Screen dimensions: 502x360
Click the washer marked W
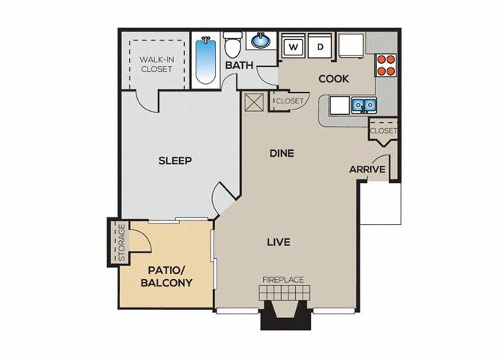tap(293, 46)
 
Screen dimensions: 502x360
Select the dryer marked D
tap(321, 46)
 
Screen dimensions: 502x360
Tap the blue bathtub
tap(205, 60)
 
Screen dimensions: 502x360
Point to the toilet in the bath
tap(232, 44)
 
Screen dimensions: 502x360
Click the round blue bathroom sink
tap(261, 40)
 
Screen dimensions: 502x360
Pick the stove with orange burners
tap(385, 65)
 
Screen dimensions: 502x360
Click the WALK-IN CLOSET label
tap(157, 64)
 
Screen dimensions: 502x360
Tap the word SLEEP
tap(175, 160)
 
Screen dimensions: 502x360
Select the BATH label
tap(239, 65)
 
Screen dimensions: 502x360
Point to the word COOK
tap(333, 79)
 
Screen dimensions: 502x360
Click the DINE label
tap(282, 153)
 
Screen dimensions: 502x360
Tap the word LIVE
tap(279, 242)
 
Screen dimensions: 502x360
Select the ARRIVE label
tap(367, 169)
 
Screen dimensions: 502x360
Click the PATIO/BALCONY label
tap(167, 276)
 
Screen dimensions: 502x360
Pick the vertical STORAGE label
tap(121, 243)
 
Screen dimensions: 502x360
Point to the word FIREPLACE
tap(283, 280)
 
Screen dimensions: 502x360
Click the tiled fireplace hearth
tap(285, 292)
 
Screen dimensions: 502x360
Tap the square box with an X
tap(254, 102)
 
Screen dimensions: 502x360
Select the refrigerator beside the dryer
tap(351, 45)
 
